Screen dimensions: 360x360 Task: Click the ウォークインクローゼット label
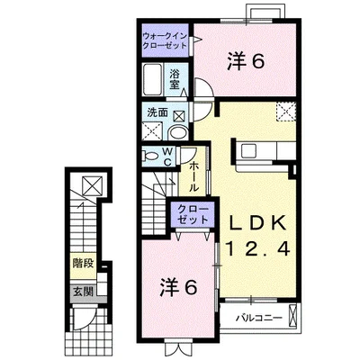tap(165, 40)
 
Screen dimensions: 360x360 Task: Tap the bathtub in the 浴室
tap(153, 78)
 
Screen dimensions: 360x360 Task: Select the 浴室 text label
tap(175, 79)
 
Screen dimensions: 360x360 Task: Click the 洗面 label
tap(157, 112)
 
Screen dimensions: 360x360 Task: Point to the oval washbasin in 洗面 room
tap(178, 132)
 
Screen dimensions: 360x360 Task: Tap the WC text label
tap(167, 157)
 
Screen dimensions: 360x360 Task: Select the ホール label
tap(194, 177)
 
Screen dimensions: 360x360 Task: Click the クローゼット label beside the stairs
tap(193, 214)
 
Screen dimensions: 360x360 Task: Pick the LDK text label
tap(256, 223)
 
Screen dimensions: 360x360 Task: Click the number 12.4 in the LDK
tap(258, 248)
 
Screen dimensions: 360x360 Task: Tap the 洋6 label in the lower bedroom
tap(178, 287)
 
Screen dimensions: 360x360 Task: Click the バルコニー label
tap(258, 318)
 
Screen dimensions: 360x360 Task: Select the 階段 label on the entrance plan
tap(84, 264)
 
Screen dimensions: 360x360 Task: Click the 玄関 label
tap(84, 291)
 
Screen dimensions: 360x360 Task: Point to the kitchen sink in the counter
tap(248, 151)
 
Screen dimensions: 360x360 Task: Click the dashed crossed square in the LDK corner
tap(286, 112)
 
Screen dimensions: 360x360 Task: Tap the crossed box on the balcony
tap(292, 316)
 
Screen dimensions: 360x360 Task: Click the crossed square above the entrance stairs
tap(93, 185)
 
